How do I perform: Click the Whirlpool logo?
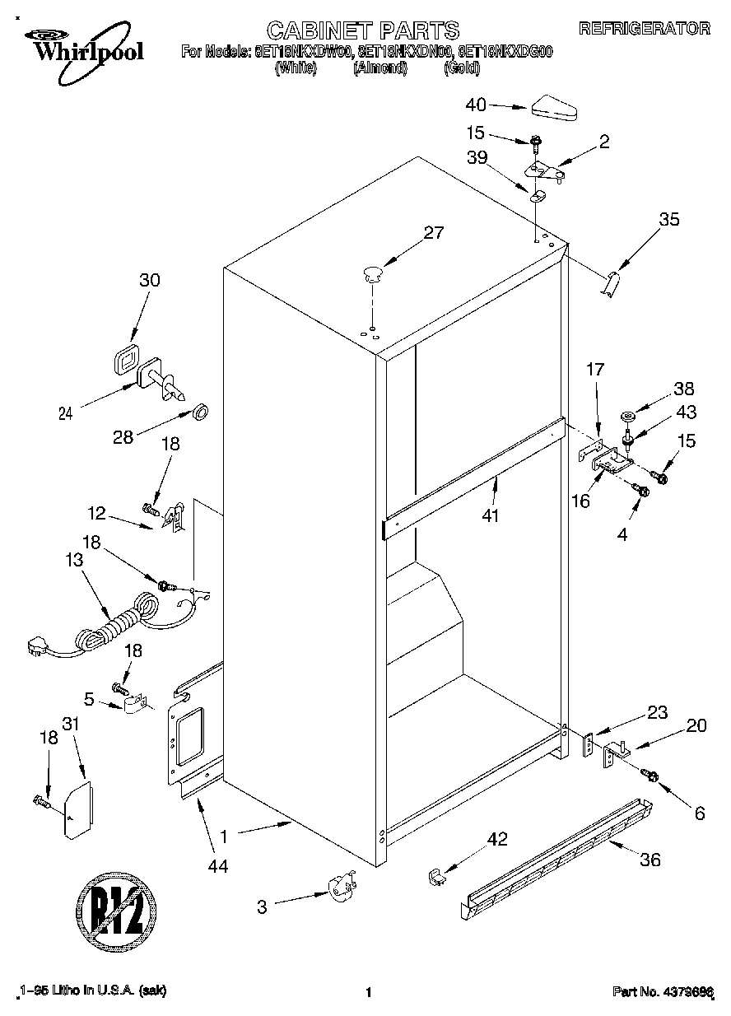[82, 45]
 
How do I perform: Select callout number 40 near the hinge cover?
[476, 105]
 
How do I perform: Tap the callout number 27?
[433, 233]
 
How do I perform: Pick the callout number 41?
[493, 515]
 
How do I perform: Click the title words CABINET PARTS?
[363, 30]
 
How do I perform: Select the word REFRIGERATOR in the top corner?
[645, 29]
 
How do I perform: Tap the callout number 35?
[670, 219]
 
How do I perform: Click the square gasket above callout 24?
[125, 361]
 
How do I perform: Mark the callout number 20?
[696, 725]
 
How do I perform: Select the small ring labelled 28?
[200, 411]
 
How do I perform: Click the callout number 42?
[497, 839]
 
